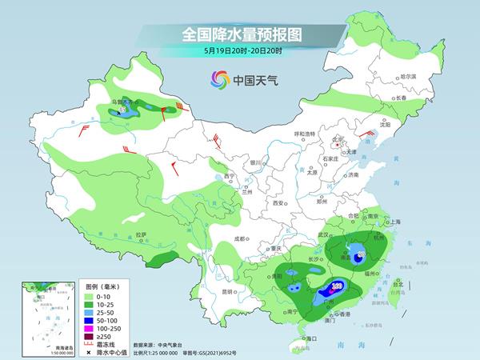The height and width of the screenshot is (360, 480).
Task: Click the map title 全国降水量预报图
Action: click(x=239, y=35)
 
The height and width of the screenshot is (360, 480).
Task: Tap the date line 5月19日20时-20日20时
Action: click(x=239, y=52)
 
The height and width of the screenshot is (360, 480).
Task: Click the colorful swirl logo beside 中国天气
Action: click(x=218, y=79)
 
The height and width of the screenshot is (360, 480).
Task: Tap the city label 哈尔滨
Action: click(x=408, y=76)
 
